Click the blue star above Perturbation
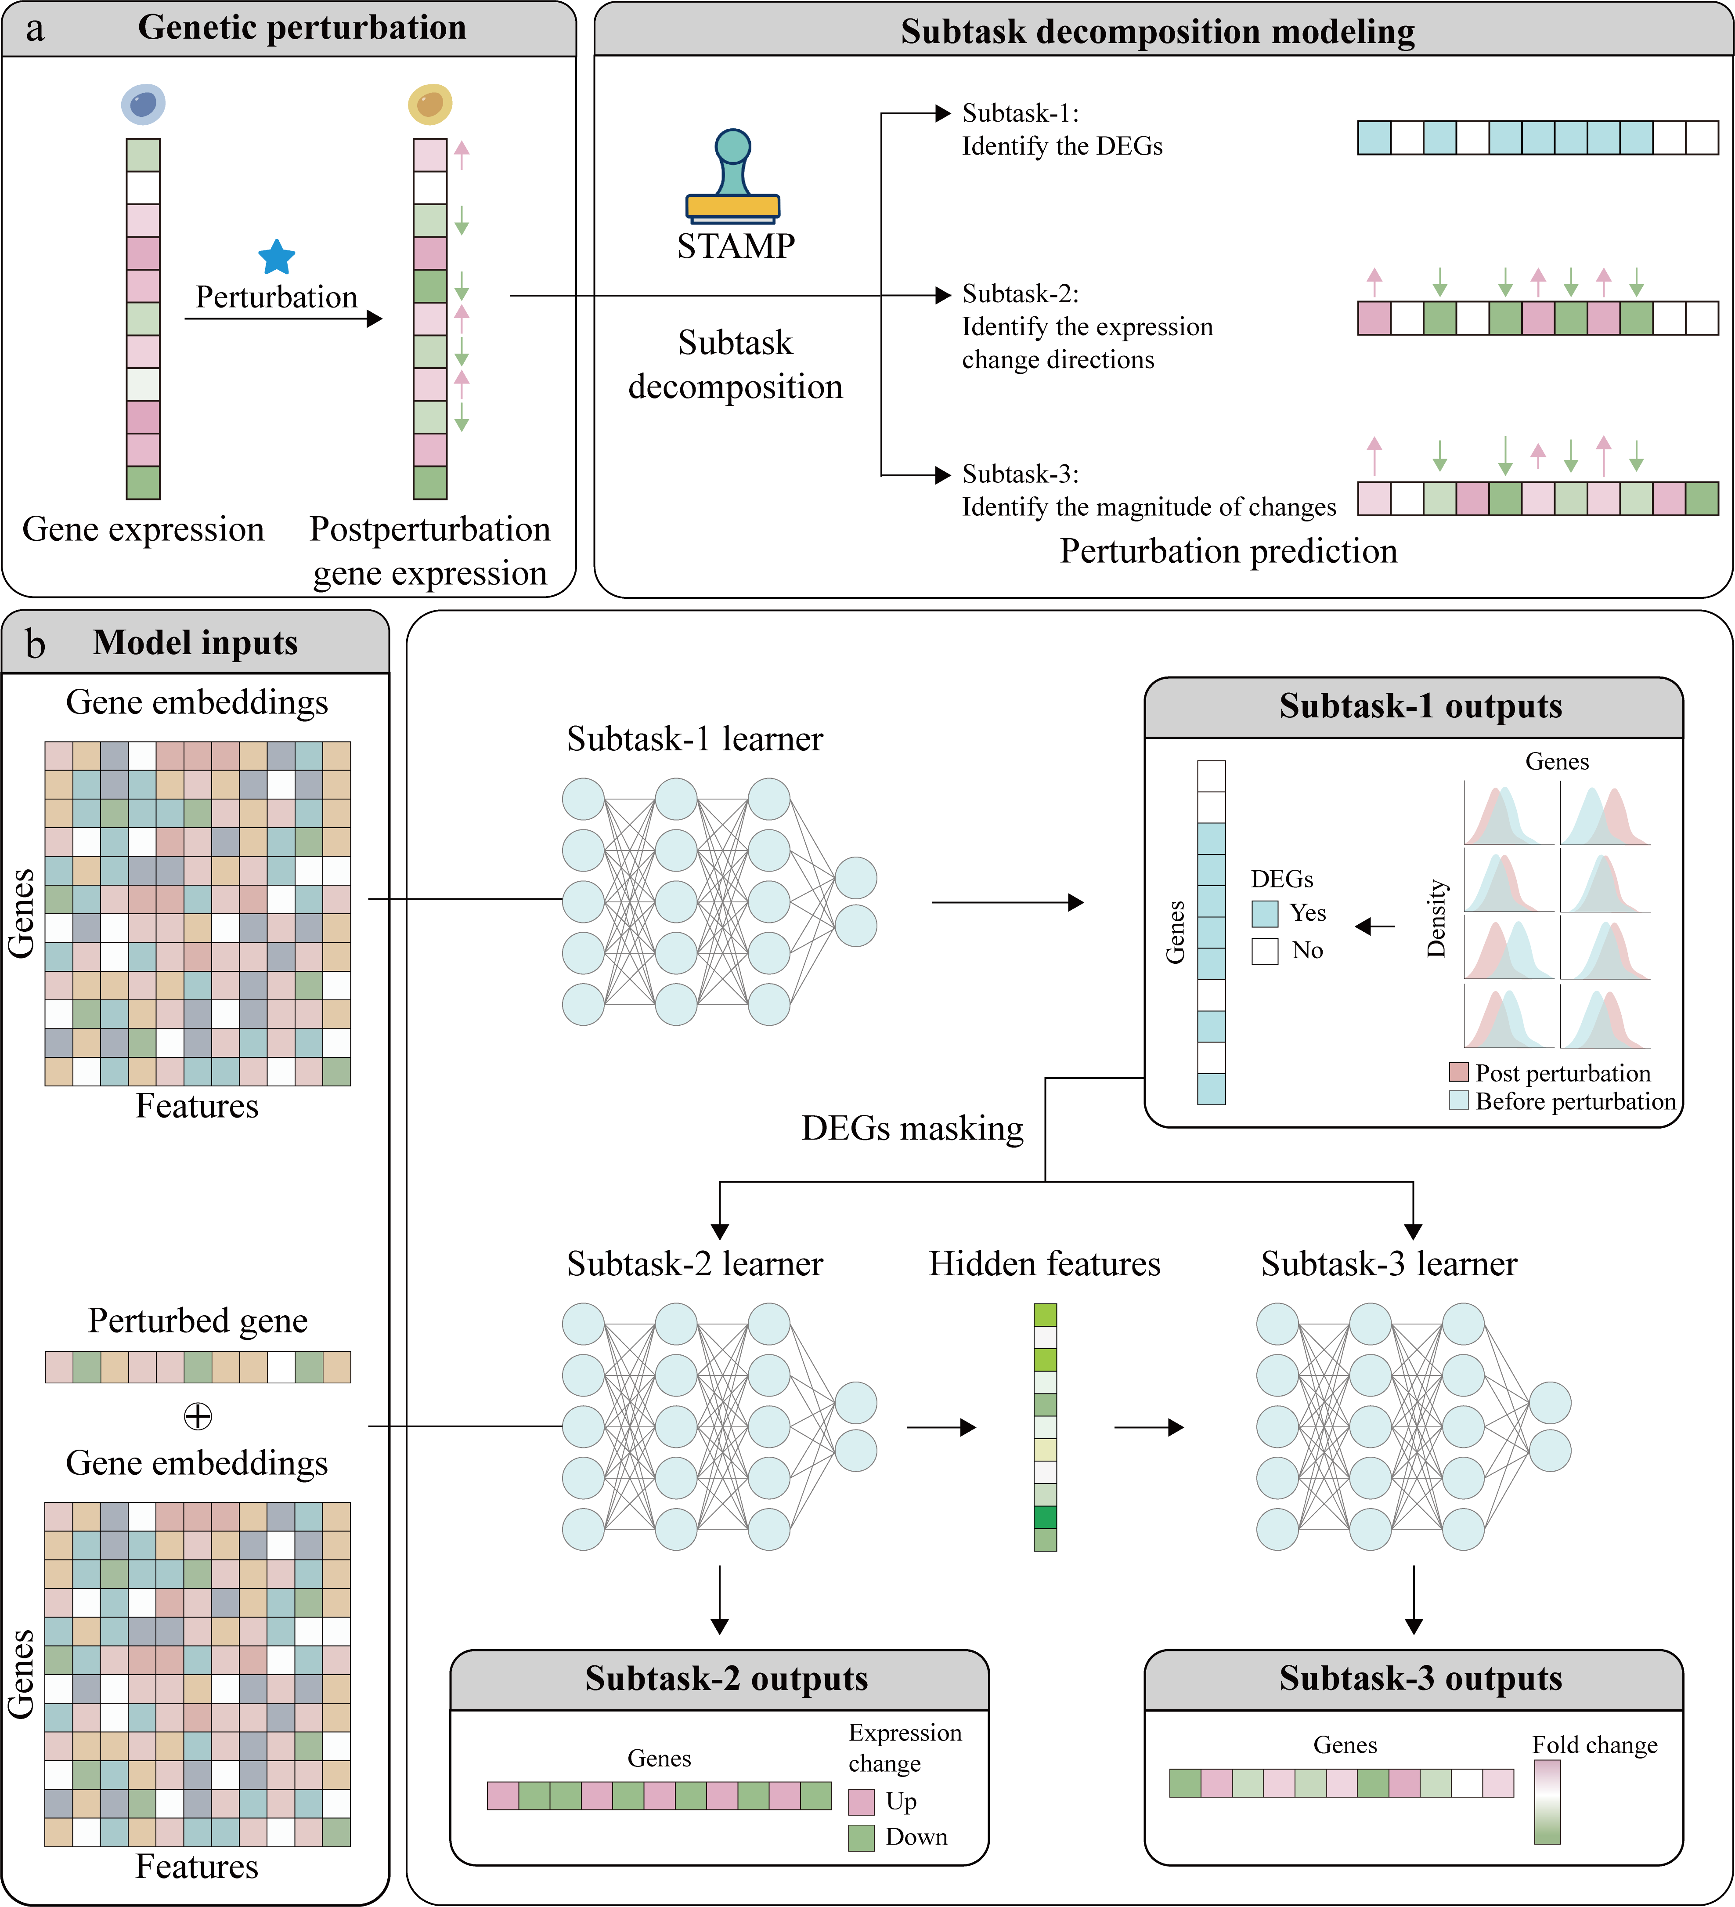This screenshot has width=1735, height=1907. [x=276, y=257]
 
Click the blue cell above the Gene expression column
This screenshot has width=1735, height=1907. [x=143, y=104]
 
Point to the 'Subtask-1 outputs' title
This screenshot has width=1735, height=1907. [x=1420, y=706]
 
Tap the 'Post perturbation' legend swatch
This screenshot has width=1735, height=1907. [x=1458, y=1072]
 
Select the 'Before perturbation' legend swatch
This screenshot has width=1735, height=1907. [x=1458, y=1100]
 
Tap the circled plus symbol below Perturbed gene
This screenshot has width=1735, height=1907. [x=198, y=1416]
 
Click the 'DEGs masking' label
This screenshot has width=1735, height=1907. [x=913, y=1129]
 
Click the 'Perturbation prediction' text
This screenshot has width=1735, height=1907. [x=1228, y=550]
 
